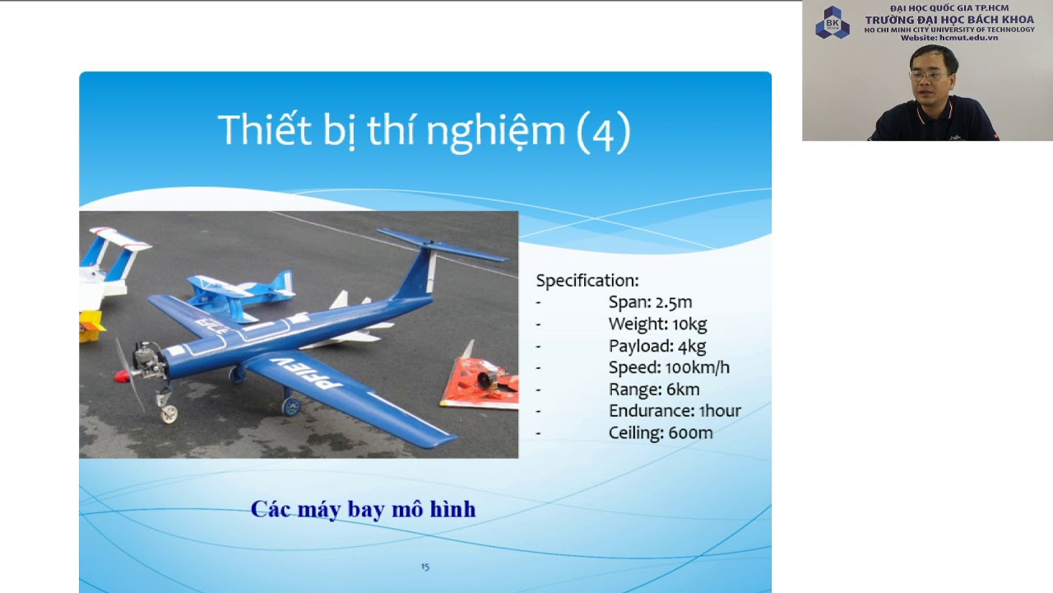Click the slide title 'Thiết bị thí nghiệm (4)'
[424, 132]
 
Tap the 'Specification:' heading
[587, 281]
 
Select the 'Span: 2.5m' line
[650, 302]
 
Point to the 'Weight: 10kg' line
[657, 325]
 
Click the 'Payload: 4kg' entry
[656, 346]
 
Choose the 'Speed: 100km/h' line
[668, 367]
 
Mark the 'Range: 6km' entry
[653, 390]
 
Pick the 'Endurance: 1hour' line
[675, 411]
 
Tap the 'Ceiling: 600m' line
[660, 432]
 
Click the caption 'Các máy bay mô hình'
[363, 509]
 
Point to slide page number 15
[424, 567]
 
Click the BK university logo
[832, 22]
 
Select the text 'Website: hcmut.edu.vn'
[949, 38]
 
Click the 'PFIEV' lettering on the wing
[317, 376]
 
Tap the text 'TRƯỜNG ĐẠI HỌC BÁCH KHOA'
[949, 20]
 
